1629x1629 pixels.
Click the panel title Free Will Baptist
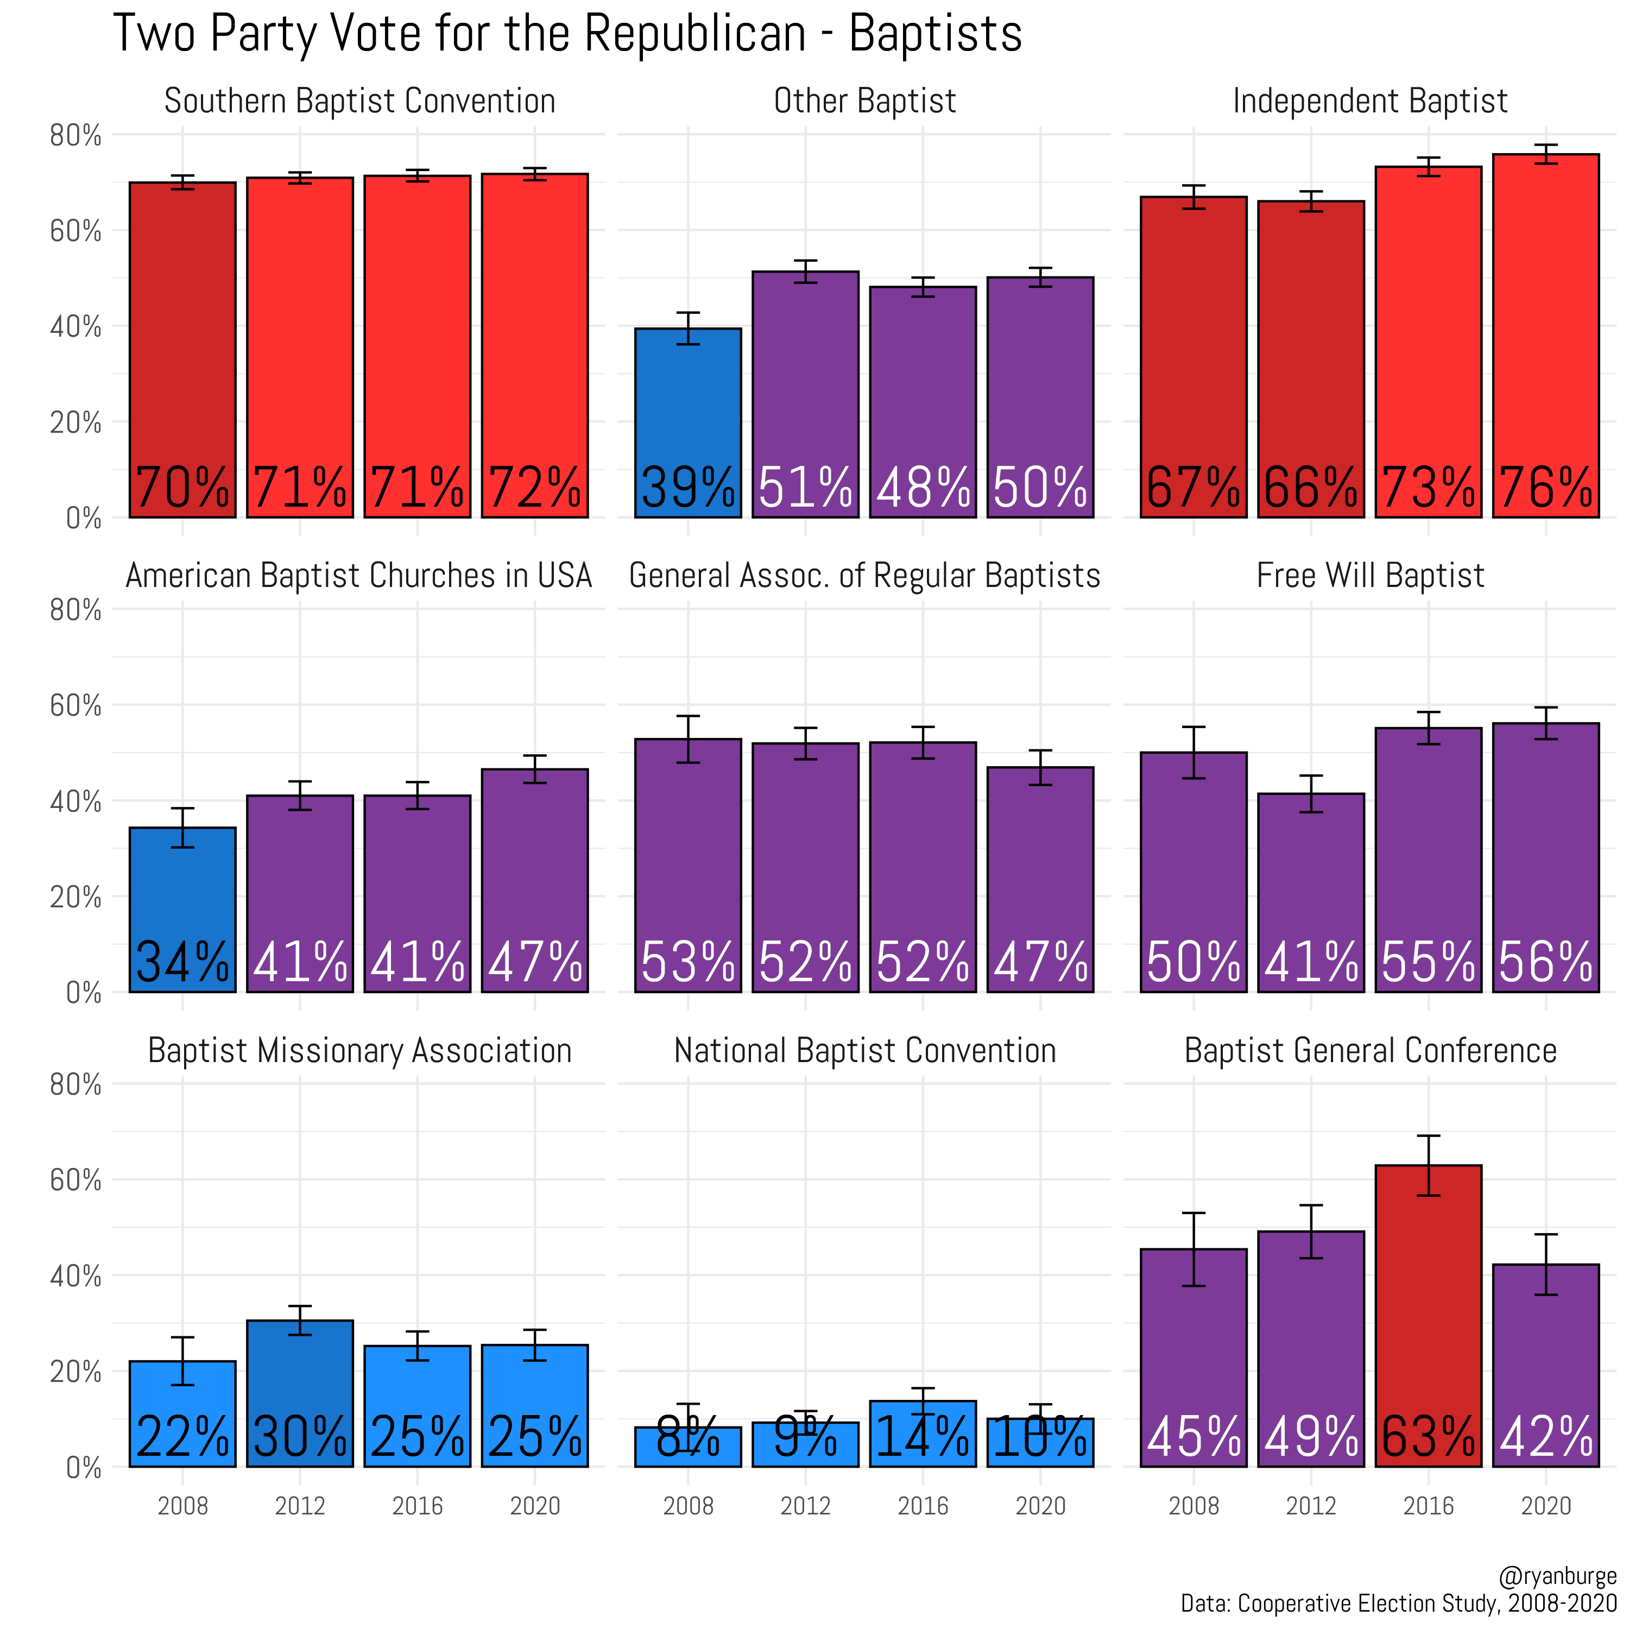(x=1369, y=576)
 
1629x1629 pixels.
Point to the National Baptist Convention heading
(x=864, y=1051)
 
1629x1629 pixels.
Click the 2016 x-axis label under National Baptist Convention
(x=923, y=1506)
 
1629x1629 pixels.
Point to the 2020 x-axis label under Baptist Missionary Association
(x=534, y=1506)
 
